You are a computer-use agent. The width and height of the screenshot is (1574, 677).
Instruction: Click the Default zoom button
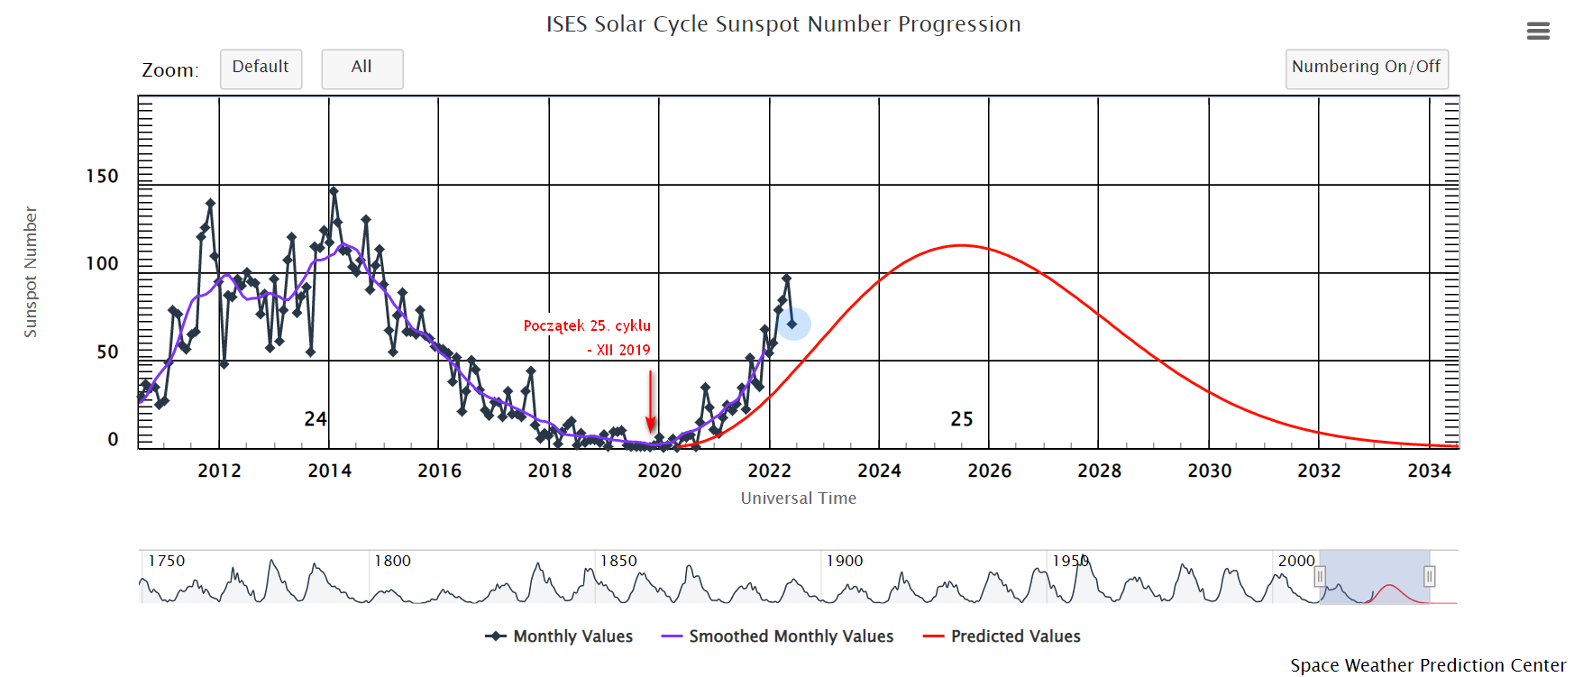tap(261, 69)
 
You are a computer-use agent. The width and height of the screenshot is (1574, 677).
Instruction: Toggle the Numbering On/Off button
tap(1366, 69)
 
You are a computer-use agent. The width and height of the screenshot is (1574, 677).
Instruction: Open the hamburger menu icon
tap(1538, 32)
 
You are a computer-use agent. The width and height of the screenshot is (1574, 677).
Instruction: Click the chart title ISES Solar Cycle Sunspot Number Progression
tap(783, 24)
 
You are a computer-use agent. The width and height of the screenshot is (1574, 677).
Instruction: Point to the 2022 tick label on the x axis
tap(769, 471)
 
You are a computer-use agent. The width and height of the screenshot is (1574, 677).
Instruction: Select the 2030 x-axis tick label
tap(1209, 471)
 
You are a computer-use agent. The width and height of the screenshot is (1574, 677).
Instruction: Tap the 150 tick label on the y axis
tap(102, 177)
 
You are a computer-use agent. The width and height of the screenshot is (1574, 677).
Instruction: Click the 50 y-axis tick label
tap(107, 352)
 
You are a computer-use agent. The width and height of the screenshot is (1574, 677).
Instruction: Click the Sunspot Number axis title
tap(31, 272)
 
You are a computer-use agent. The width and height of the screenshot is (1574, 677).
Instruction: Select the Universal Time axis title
tap(798, 499)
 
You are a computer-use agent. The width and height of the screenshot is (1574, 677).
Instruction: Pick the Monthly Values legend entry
tap(559, 636)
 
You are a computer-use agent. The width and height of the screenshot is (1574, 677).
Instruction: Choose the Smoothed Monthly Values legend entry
tap(777, 636)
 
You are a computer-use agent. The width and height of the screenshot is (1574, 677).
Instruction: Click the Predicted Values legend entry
tap(1002, 636)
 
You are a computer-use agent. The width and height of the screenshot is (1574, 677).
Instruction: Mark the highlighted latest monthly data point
tap(792, 324)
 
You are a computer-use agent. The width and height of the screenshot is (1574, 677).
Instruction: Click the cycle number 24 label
tap(316, 419)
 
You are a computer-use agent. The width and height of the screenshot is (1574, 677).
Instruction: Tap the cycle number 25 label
tap(962, 419)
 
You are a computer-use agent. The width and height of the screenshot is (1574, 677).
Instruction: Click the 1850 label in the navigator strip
tap(619, 561)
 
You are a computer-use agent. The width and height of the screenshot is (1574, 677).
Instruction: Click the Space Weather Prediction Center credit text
tap(1427, 665)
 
